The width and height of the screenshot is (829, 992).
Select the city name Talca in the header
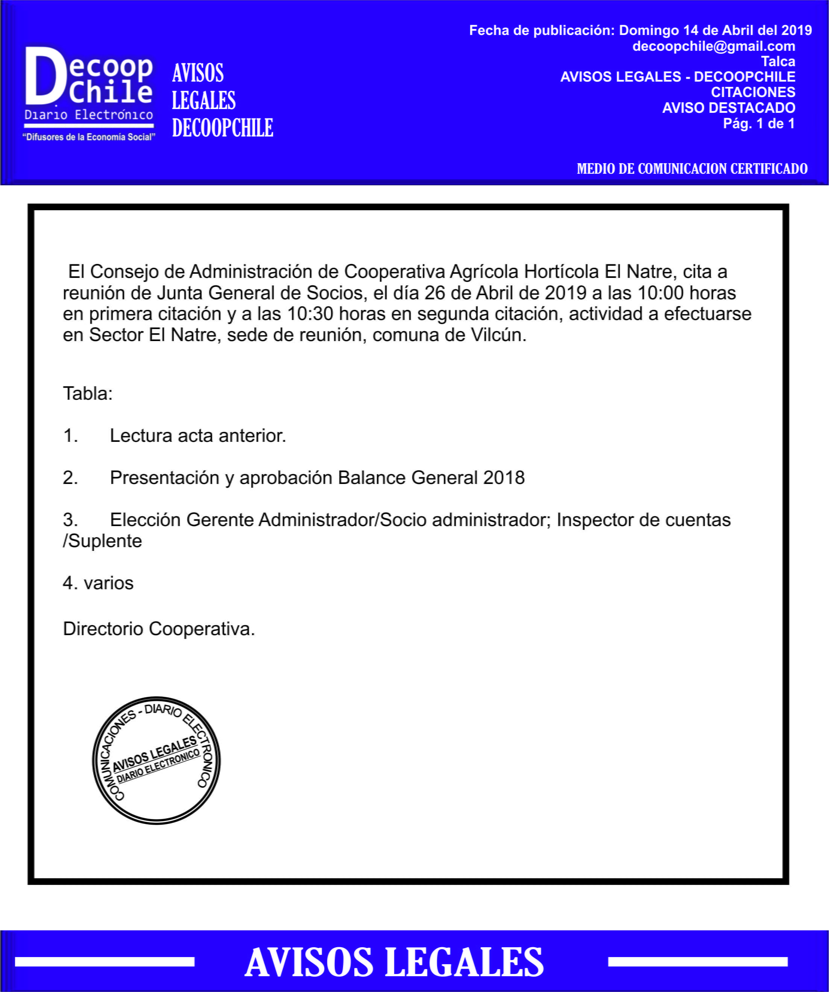click(x=778, y=61)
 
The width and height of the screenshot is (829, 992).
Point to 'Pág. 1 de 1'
click(x=759, y=124)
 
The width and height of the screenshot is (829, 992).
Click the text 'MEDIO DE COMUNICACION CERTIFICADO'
click(x=692, y=168)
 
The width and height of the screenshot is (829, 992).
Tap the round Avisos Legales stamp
click(x=156, y=760)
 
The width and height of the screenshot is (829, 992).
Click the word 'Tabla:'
click(x=88, y=393)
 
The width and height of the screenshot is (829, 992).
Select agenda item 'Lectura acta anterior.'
click(x=197, y=435)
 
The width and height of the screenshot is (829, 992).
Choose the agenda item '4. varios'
click(x=98, y=583)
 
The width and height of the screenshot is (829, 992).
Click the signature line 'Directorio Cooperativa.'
click(x=159, y=629)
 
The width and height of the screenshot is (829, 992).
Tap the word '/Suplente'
click(x=103, y=541)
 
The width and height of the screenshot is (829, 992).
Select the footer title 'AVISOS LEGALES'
click(x=394, y=962)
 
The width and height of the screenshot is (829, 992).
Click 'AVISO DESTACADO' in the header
click(x=729, y=108)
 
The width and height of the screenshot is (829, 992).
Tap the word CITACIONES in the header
click(x=753, y=92)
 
